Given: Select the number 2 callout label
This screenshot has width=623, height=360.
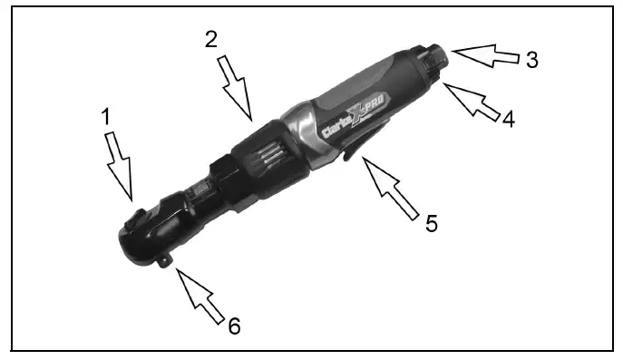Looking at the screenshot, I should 209,41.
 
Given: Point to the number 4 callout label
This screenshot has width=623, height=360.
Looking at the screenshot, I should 508,118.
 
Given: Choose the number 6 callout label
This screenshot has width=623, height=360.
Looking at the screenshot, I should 234,326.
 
